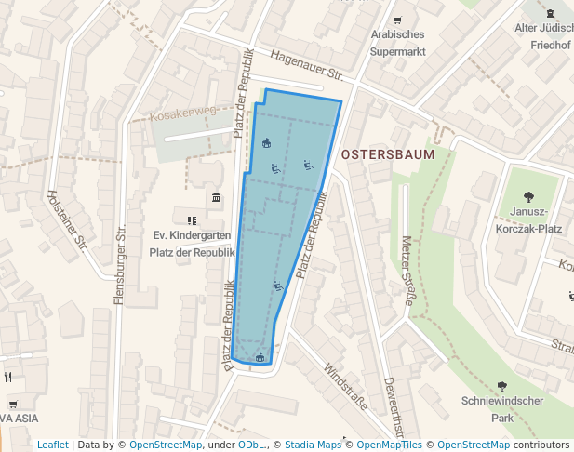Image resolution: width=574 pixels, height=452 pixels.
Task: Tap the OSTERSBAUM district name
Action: coord(388,154)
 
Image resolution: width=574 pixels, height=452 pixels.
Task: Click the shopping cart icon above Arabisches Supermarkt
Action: coord(397,20)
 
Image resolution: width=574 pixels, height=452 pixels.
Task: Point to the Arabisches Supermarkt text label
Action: coord(398,43)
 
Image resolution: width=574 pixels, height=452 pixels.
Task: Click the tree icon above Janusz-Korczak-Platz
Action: coord(528,196)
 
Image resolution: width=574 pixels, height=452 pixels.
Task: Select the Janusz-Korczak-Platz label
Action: coord(528,219)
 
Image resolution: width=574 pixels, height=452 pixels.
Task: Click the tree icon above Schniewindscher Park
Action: coord(502,386)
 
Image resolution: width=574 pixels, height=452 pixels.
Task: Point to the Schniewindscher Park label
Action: coord(501,410)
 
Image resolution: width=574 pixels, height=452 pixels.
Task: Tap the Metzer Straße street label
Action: coord(407,270)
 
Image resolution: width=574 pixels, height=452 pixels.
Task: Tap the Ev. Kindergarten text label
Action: coord(192,236)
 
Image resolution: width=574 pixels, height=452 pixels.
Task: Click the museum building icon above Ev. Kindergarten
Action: coord(216,197)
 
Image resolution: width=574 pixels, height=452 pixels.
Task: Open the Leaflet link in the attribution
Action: coord(52,445)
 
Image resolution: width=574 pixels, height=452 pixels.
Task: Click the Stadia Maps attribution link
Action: coord(313,445)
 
